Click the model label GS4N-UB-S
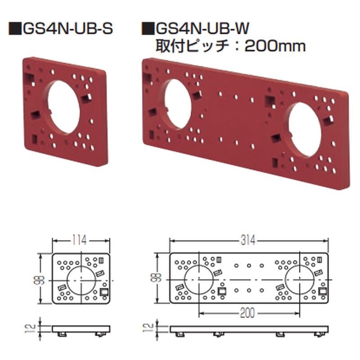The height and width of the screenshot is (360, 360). [66, 31]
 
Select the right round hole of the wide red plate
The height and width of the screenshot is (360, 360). [305, 130]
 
